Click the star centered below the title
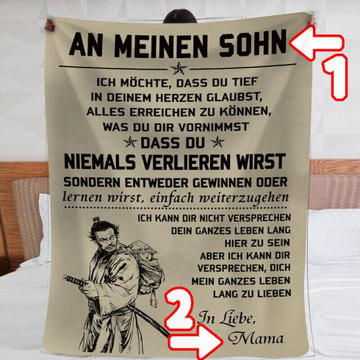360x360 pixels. tap(178, 68)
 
